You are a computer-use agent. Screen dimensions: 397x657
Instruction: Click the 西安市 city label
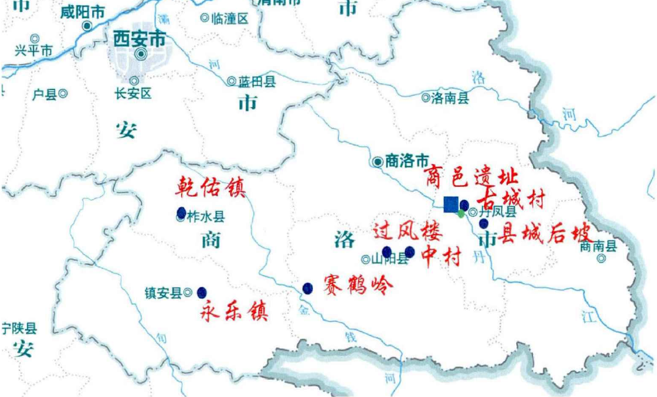[x=139, y=39]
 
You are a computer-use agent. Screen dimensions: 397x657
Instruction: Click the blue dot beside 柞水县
[x=181, y=213]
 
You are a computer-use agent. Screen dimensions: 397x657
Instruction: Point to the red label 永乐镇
[x=234, y=311]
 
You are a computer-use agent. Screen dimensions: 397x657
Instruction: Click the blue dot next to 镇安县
[x=202, y=293]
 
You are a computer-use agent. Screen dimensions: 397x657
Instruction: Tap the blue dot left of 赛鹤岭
[x=307, y=288]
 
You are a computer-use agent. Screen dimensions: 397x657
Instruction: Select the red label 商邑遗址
[x=470, y=178]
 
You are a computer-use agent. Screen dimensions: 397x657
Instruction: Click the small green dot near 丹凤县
[x=461, y=214]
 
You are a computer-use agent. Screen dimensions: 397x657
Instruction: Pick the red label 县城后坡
[x=545, y=234]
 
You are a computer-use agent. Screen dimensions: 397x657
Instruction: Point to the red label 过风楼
[x=407, y=233]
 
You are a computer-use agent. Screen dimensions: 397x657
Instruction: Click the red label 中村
[x=442, y=257]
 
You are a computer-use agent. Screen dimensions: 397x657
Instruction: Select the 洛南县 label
[x=450, y=97]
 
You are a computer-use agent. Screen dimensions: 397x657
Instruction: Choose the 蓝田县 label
[x=256, y=81]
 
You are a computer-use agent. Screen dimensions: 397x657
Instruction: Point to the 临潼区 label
[x=230, y=18]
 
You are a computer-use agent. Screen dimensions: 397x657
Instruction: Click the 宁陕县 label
[x=19, y=329]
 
